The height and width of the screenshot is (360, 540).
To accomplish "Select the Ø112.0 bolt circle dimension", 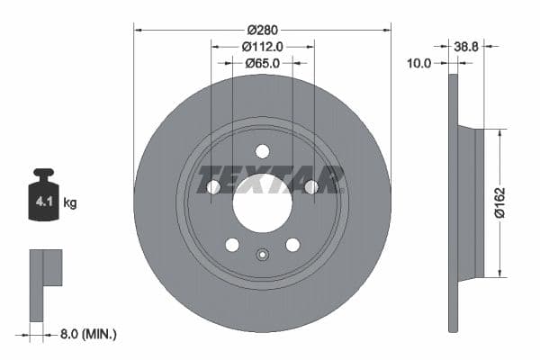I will click(x=263, y=46).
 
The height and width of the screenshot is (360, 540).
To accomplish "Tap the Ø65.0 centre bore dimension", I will click(x=263, y=63).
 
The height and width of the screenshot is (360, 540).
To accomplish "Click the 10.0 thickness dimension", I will click(x=419, y=63).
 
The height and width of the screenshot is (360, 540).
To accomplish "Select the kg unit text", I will click(x=70, y=203).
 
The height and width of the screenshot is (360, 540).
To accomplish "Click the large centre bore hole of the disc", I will click(x=262, y=202).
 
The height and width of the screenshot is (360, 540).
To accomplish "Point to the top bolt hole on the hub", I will click(x=262, y=151).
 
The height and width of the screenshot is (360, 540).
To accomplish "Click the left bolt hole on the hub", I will click(x=213, y=186).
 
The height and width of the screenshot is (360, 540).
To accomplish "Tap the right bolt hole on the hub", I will click(x=310, y=186).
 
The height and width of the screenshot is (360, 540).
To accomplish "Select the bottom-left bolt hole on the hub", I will click(x=232, y=244).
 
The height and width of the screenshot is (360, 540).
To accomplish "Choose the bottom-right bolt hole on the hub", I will click(x=292, y=244).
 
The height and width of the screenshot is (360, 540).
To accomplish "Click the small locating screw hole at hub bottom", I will click(x=262, y=254).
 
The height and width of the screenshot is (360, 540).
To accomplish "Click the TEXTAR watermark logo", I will click(x=271, y=179).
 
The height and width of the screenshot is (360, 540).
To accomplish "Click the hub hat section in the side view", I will click(x=472, y=202).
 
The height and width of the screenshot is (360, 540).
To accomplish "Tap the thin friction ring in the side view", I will click(x=453, y=202).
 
